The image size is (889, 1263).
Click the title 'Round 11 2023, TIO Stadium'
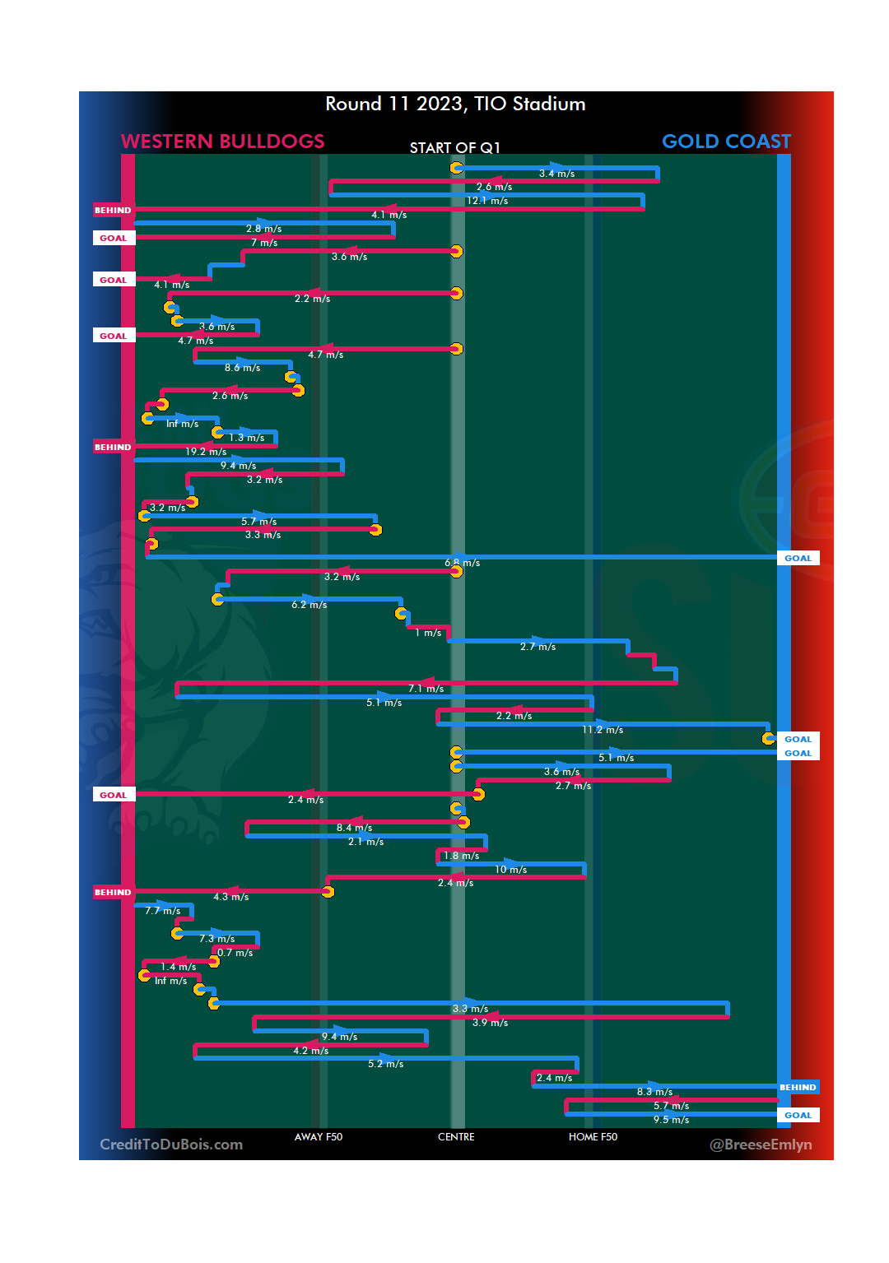(x=455, y=104)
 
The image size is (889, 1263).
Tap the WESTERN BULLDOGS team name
(x=222, y=142)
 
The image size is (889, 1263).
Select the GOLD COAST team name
(x=726, y=142)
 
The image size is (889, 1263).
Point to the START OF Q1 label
(x=454, y=148)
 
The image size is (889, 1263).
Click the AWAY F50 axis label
(x=319, y=1137)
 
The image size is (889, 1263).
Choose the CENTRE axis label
(x=456, y=1137)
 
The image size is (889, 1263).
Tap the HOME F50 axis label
(x=593, y=1137)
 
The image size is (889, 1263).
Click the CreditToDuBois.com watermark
(x=171, y=1145)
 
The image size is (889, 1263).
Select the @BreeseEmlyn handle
(x=761, y=1145)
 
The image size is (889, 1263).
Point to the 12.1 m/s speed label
(x=487, y=201)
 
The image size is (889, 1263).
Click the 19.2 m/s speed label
(x=206, y=452)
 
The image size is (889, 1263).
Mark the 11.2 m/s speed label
(x=603, y=730)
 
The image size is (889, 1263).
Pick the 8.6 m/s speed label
(x=242, y=368)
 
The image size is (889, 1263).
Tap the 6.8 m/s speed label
(x=462, y=563)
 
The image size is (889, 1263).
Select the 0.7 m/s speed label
(x=235, y=953)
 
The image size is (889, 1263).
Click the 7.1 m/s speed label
(x=426, y=689)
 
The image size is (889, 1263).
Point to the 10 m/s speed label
(x=510, y=870)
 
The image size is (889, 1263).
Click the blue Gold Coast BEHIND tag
(x=798, y=1088)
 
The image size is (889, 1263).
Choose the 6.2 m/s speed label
(x=309, y=605)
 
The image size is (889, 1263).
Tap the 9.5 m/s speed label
(x=671, y=1120)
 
